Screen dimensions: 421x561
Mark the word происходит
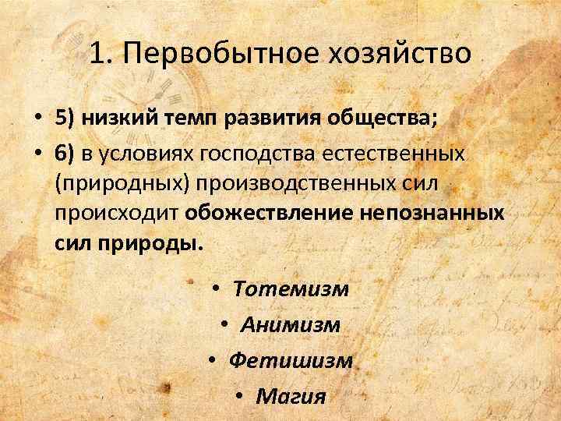coord(118,213)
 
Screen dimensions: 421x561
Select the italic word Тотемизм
coord(291,289)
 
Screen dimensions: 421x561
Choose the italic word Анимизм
coord(291,325)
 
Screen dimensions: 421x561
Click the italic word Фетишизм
coord(291,361)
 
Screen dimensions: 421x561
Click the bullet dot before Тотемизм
coord(219,289)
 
